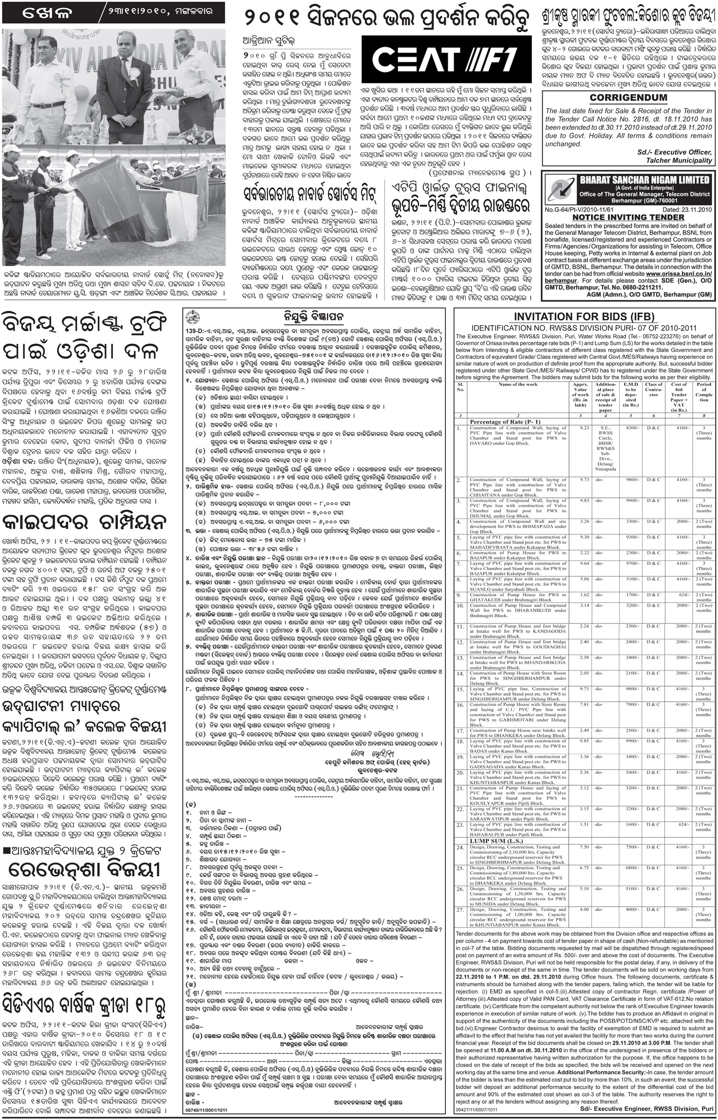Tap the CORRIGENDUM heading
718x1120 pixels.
(x=628, y=98)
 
